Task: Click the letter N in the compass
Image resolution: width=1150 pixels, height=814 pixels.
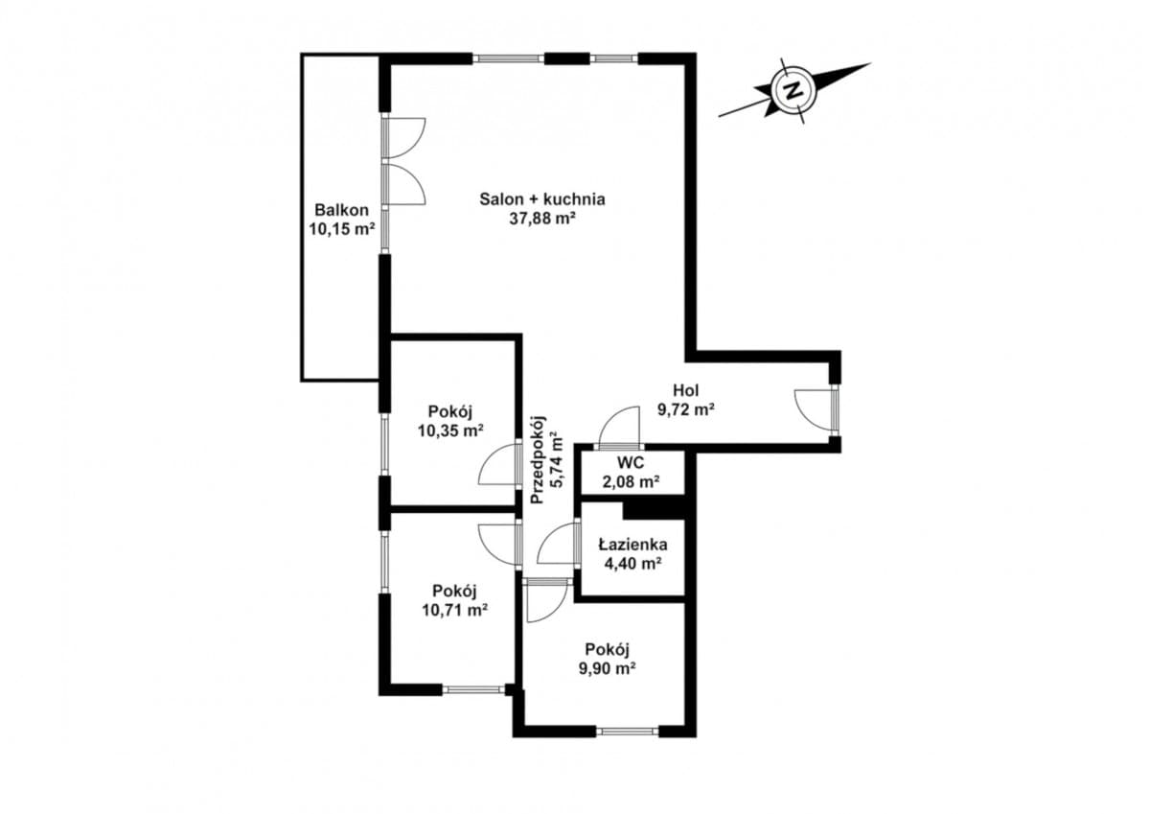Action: [x=793, y=91]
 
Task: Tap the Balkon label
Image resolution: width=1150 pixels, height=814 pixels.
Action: [x=341, y=210]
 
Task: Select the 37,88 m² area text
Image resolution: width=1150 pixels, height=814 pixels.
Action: [x=542, y=219]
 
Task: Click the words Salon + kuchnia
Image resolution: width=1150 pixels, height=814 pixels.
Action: [x=542, y=198]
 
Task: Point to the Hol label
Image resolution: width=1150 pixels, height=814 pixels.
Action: [x=686, y=390]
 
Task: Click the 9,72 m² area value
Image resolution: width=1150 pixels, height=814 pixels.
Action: [x=686, y=409]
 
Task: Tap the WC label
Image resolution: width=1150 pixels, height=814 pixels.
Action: [x=631, y=462]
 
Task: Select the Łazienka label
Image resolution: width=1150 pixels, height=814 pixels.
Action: [x=633, y=544]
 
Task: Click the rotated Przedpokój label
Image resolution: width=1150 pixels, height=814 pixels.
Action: [x=538, y=459]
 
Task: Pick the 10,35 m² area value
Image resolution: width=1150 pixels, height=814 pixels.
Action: [x=450, y=430]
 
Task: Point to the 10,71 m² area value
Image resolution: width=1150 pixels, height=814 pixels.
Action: [x=455, y=610]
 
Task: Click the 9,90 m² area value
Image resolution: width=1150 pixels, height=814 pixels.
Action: [x=608, y=668]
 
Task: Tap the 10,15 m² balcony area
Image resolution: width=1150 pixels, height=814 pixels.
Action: [x=341, y=229]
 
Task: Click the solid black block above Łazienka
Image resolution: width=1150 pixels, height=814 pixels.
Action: [x=654, y=510]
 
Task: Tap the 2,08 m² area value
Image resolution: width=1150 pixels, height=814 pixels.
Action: [x=631, y=481]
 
